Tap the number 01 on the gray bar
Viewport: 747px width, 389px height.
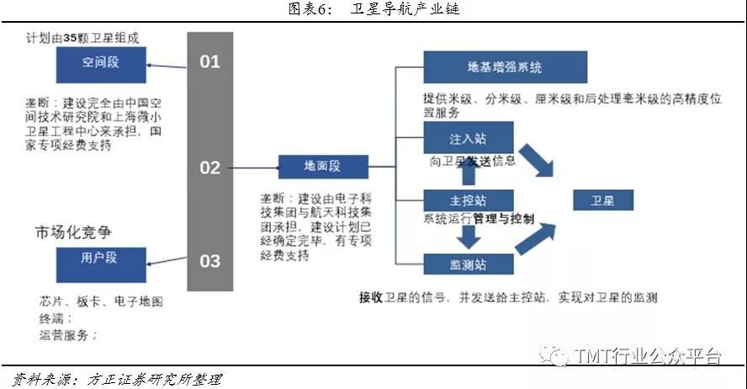pos(209,61)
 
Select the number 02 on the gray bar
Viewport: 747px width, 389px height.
pos(209,168)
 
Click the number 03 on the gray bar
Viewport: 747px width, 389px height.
pos(209,260)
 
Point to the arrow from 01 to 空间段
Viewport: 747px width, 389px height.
pos(167,62)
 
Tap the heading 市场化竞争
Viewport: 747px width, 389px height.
pos(73,230)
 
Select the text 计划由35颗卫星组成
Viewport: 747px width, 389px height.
pos(82,38)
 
